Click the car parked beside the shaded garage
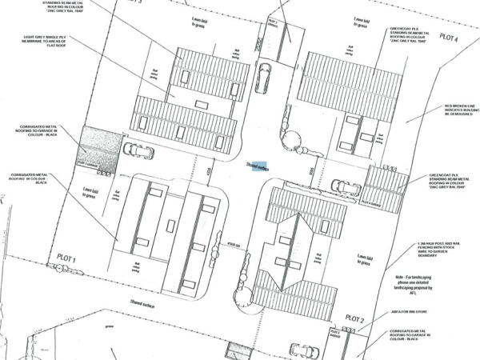pyautogui.click(x=136, y=150)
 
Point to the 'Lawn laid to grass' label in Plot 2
pyautogui.click(x=367, y=259)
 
